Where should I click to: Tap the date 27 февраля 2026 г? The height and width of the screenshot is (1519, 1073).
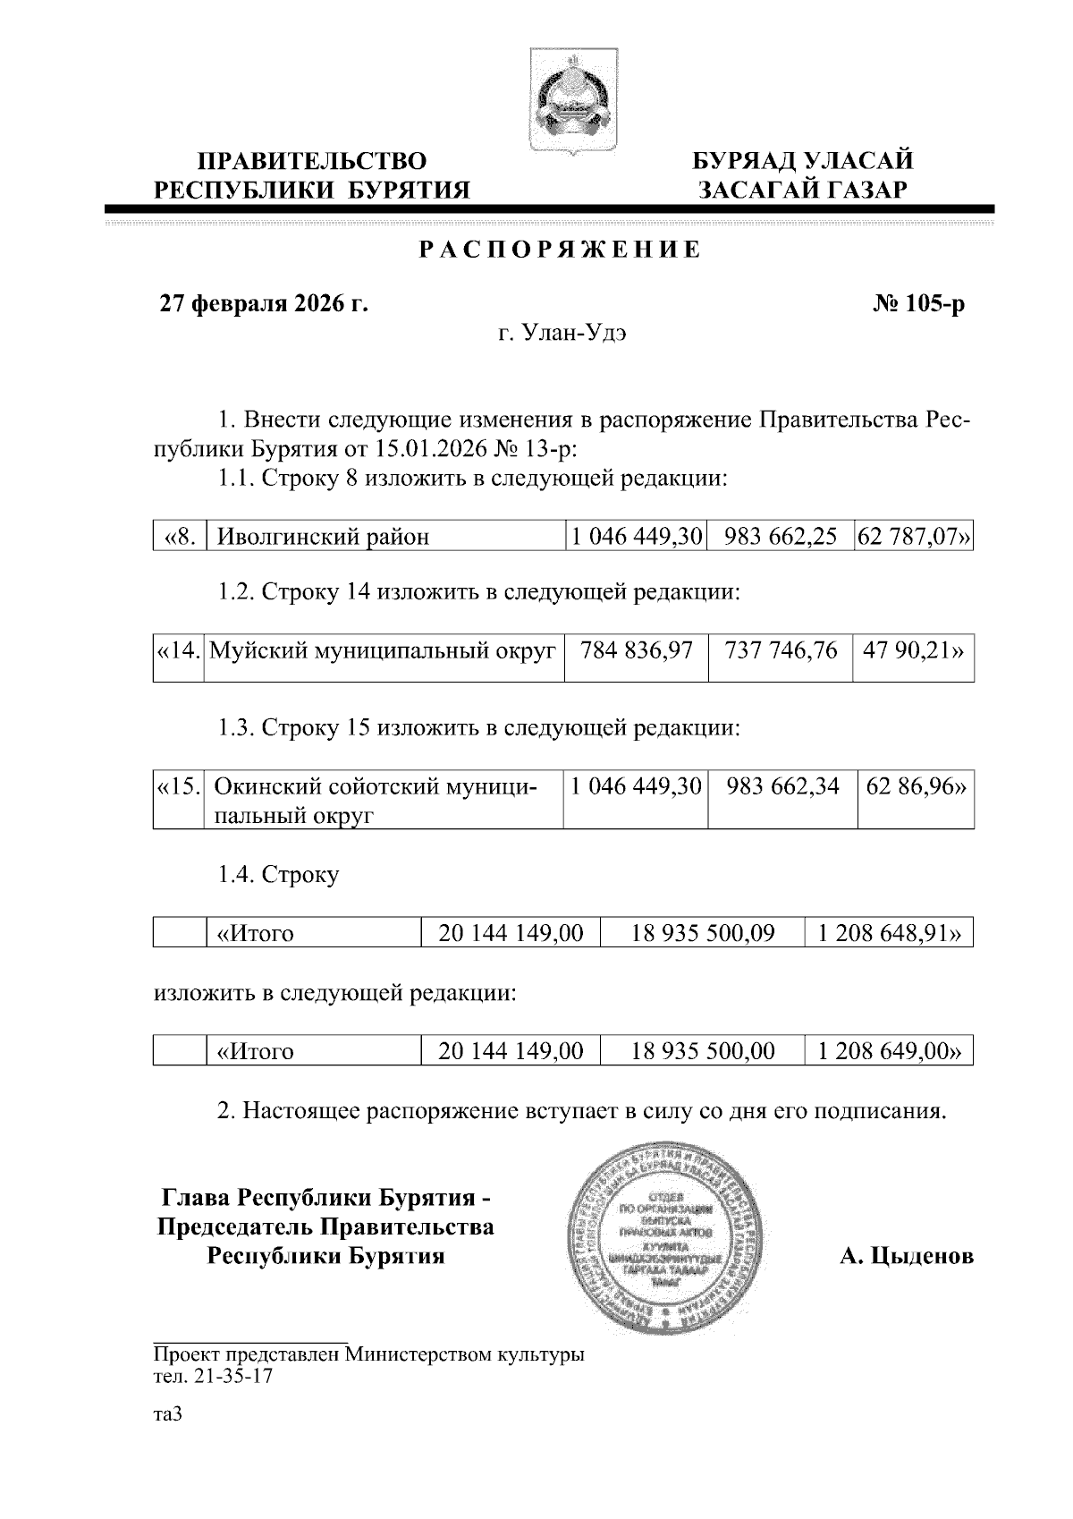264,304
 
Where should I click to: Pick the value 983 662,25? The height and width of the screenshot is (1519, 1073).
782,536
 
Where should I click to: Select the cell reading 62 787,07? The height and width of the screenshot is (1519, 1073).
914,536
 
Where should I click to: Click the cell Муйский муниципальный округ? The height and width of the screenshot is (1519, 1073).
383,650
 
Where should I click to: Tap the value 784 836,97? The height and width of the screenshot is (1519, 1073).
637,650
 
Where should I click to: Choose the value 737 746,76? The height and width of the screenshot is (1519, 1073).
782,650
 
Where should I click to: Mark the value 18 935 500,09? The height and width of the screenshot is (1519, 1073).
703,934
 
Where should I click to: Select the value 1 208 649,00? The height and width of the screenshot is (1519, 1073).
890,1051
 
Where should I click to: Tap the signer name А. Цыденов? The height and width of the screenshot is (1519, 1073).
906,1256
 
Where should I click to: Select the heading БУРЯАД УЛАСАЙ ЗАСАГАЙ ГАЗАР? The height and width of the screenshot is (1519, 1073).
803,175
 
